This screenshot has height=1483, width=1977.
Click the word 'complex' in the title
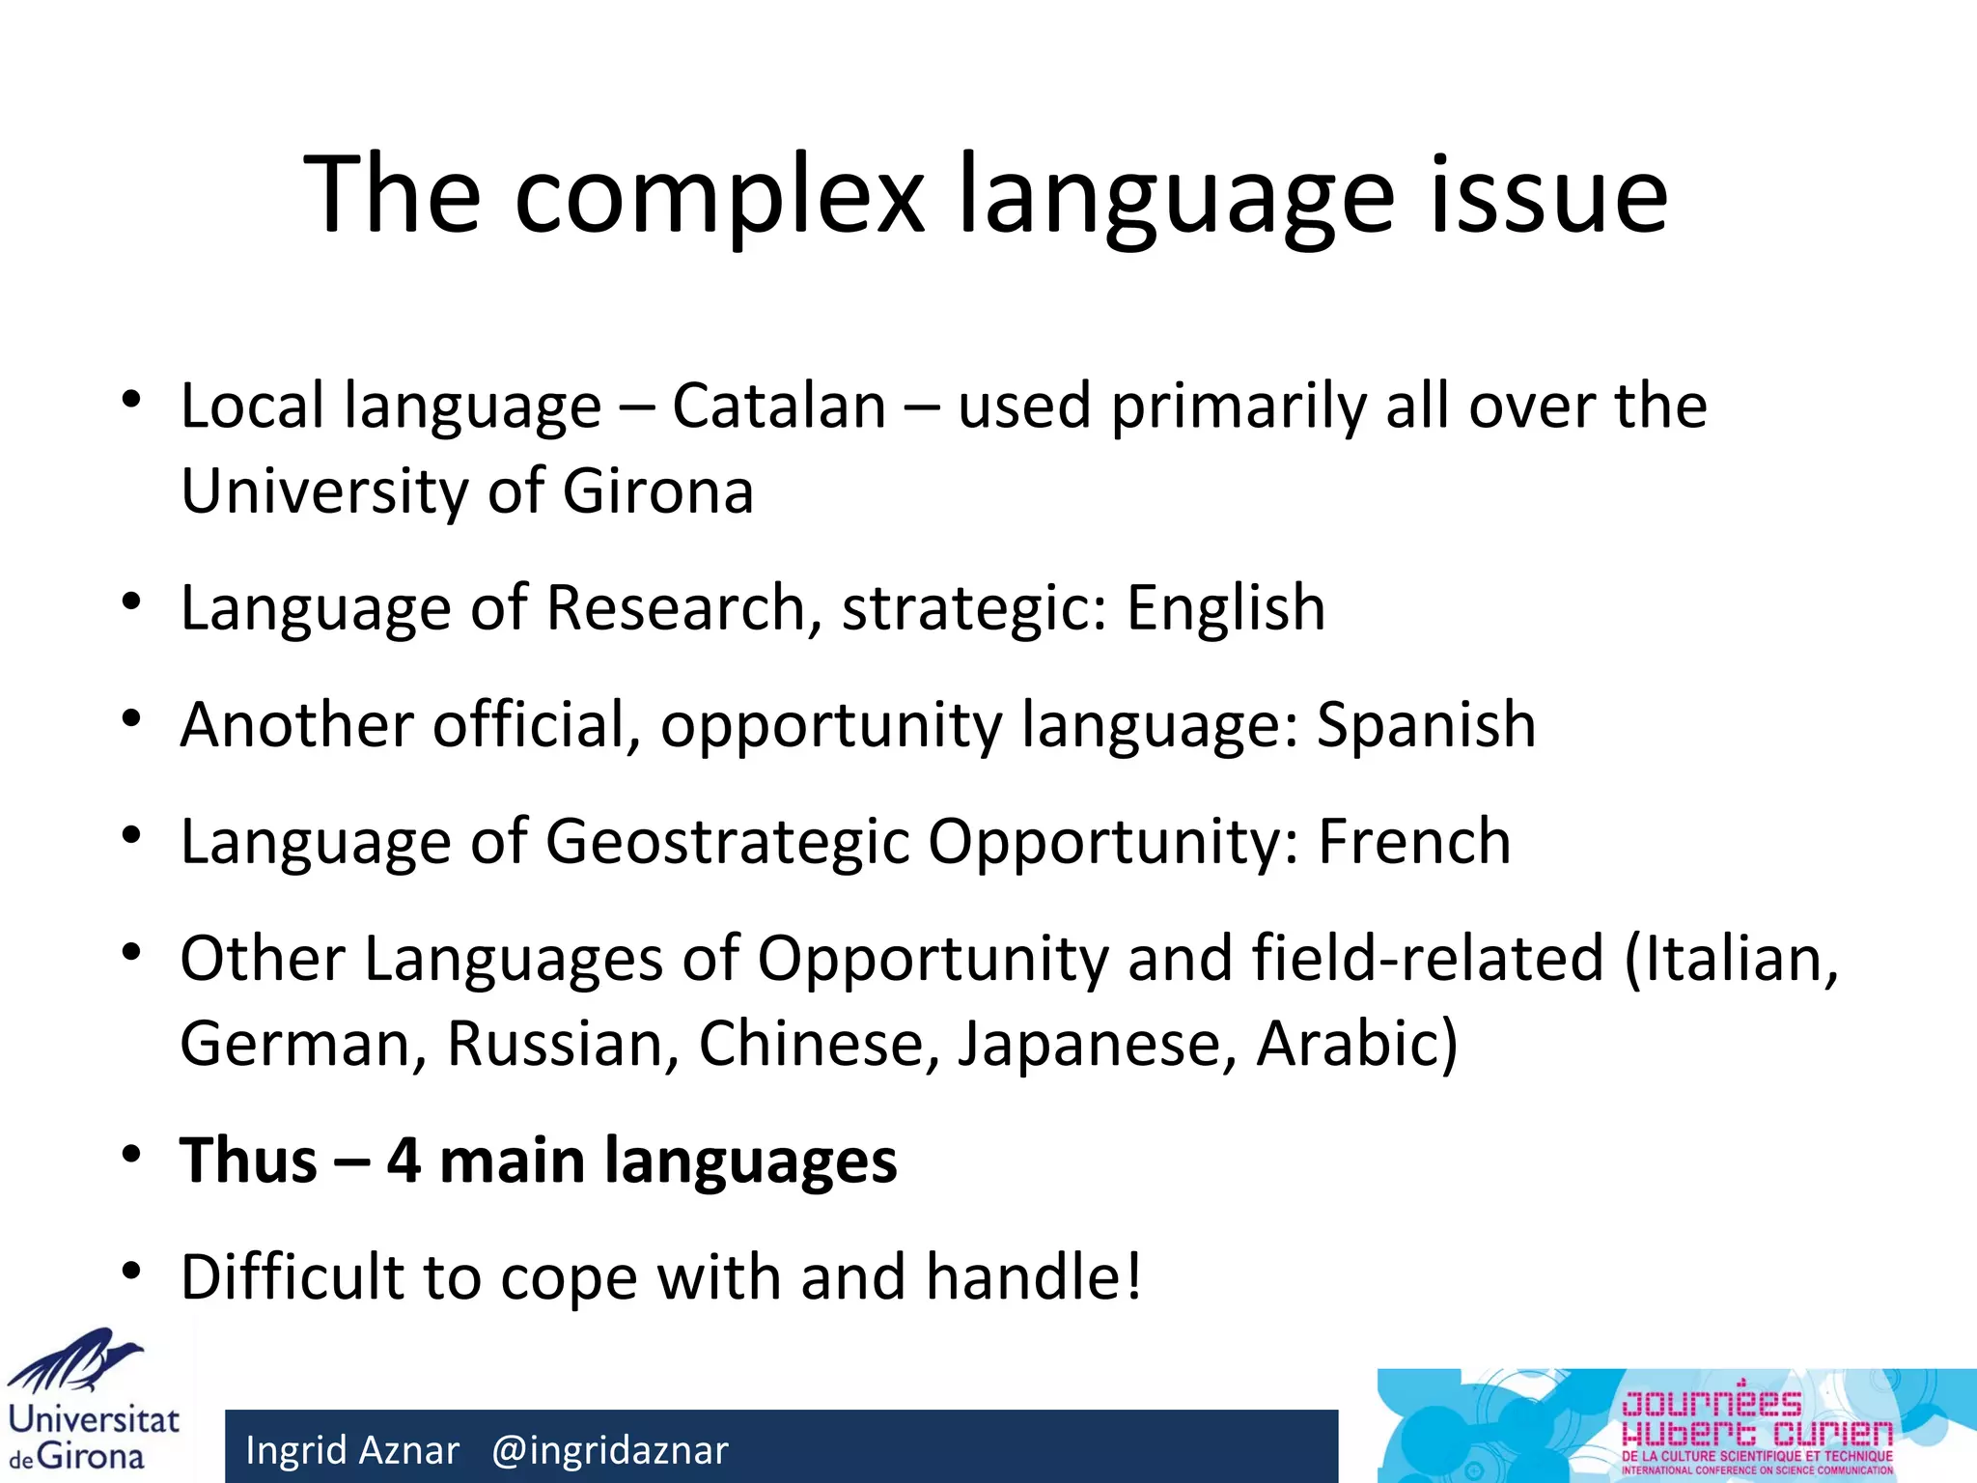pyautogui.click(x=719, y=196)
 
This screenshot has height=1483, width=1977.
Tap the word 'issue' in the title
pyautogui.click(x=1548, y=196)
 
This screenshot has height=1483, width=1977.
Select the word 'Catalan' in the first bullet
pyautogui.click(x=778, y=406)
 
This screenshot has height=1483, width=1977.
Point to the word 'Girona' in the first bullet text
pyautogui.click(x=657, y=491)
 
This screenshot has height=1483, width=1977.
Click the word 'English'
pyautogui.click(x=1226, y=608)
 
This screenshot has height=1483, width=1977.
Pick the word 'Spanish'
pyautogui.click(x=1426, y=724)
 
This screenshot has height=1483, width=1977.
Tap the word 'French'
pyautogui.click(x=1414, y=841)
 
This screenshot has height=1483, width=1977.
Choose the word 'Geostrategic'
pyautogui.click(x=728, y=843)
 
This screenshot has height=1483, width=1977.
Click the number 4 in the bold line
pyautogui.click(x=404, y=1161)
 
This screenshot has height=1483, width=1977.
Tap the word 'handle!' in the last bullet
pyautogui.click(x=1034, y=1277)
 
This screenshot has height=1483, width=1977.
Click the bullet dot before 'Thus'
pyautogui.click(x=132, y=1155)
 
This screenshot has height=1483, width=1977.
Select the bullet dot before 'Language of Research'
pyautogui.click(x=132, y=602)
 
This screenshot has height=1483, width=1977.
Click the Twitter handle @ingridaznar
pyautogui.click(x=610, y=1450)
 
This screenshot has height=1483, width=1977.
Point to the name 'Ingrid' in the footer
pyautogui.click(x=297, y=1450)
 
